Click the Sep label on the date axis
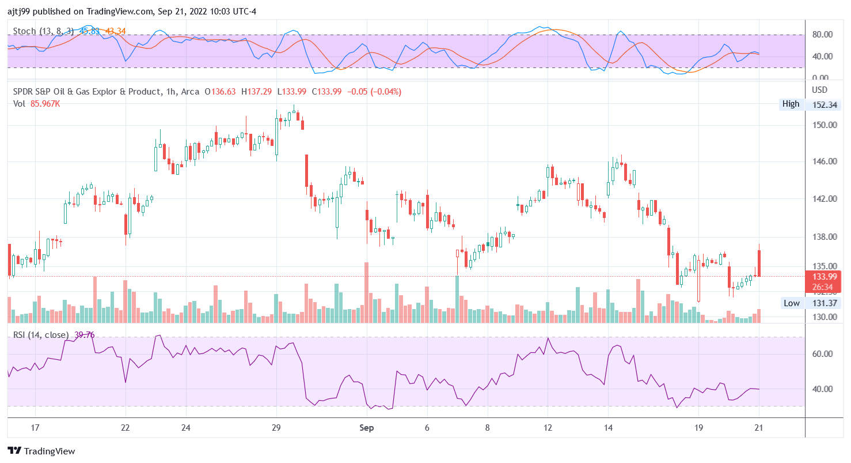tap(367, 428)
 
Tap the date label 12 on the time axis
tap(548, 428)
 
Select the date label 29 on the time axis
tap(276, 428)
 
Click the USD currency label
tap(819, 90)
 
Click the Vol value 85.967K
tap(45, 103)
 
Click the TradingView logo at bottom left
tap(41, 451)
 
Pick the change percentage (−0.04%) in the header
tap(385, 92)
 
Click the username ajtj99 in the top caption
tap(18, 11)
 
